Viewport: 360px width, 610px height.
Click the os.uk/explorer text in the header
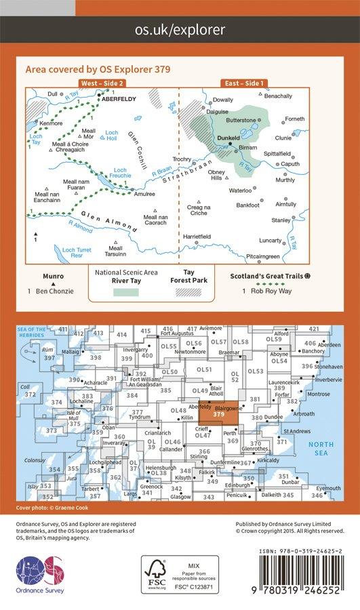point(180,30)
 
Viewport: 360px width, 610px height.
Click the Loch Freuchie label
point(120,173)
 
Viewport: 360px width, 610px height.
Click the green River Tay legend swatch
point(125,291)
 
